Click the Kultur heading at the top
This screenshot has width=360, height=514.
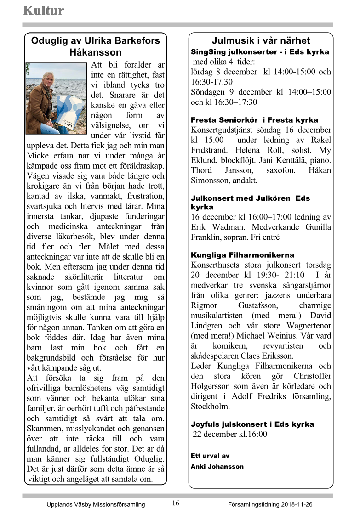pyautogui.click(x=43, y=11)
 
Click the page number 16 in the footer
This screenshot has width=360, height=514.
pyautogui.click(x=176, y=503)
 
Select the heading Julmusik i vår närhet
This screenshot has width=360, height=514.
pyautogui.click(x=261, y=40)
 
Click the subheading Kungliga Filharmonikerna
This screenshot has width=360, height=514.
pyautogui.click(x=242, y=255)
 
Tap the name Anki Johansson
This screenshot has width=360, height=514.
pyautogui.click(x=217, y=466)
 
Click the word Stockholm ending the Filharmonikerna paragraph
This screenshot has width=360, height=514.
pyautogui.click(x=211, y=407)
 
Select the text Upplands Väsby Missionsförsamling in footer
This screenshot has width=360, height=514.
pyautogui.click(x=96, y=504)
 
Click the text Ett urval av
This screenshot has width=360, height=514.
pyautogui.click(x=210, y=456)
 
